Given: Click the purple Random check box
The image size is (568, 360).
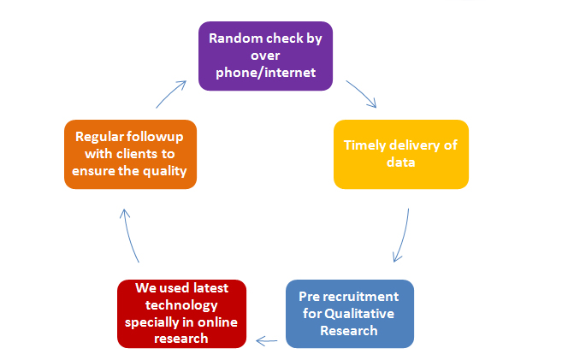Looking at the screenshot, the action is [265, 56].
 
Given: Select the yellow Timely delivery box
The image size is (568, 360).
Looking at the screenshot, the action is [401, 154].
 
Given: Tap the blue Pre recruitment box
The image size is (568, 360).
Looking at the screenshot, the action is [350, 314].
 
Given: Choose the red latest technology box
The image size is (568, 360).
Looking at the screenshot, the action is [182, 314].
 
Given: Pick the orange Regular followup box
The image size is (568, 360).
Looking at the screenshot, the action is [130, 154].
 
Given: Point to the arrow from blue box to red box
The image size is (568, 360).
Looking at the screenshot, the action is [267, 341].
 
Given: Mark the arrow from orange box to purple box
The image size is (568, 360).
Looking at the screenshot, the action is [170, 94].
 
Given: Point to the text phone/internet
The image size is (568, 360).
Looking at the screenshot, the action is [265, 73].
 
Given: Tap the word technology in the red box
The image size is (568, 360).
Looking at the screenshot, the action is [181, 305].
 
